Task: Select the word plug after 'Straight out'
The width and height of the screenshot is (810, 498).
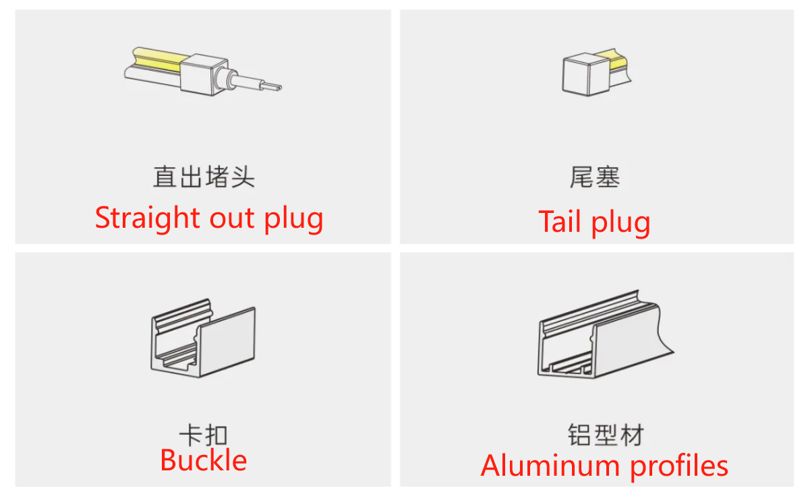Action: [293, 220]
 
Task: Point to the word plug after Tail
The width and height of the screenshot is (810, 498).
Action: [621, 224]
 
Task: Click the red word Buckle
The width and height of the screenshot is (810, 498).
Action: [204, 460]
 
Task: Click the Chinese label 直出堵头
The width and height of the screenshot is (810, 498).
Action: [204, 177]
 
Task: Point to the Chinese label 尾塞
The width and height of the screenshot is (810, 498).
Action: [595, 177]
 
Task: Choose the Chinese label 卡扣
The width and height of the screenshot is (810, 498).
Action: [203, 434]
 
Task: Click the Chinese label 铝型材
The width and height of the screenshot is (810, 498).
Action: [606, 435]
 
